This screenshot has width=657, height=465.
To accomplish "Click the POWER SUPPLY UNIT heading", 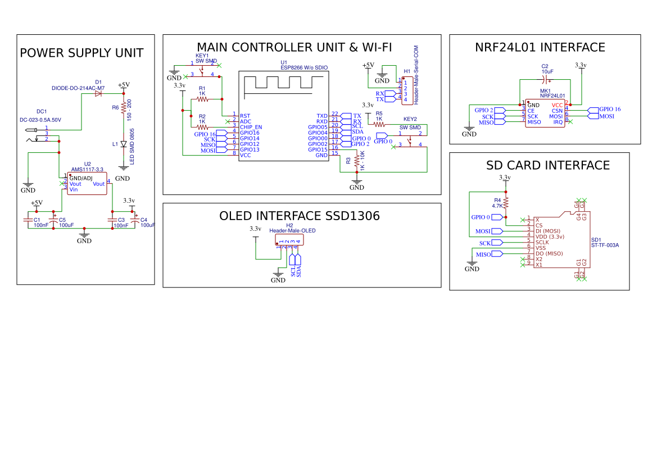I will (81, 53).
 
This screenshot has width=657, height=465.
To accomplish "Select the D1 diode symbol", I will (99, 94).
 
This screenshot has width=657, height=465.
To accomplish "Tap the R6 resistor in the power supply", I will (123, 107).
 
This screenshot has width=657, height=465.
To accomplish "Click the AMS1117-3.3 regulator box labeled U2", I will (87, 184).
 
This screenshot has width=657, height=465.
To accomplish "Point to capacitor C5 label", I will (62, 220).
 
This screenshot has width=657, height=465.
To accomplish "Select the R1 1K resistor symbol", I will (202, 99).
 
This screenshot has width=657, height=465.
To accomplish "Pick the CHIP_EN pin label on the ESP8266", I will (251, 127).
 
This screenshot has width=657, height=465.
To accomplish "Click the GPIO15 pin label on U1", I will (318, 149).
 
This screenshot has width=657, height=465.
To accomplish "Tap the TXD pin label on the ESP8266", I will (322, 116).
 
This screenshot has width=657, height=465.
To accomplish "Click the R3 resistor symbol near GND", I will (356, 161).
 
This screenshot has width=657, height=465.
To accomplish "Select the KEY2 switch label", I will (410, 119).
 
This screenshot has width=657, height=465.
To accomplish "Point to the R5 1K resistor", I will (379, 125).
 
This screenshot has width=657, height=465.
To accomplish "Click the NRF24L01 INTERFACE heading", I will (540, 48).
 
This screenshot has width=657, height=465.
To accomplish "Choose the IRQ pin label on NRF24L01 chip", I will (558, 122).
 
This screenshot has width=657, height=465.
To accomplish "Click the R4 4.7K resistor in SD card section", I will (506, 203).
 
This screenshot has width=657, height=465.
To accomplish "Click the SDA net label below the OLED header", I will (299, 271).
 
